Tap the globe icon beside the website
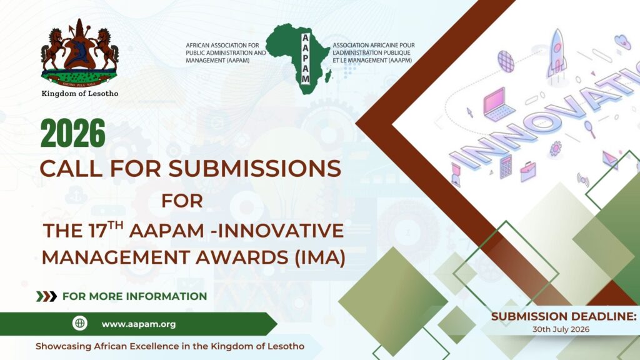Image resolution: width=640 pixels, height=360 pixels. [80, 324]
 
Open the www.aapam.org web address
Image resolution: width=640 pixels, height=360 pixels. [139, 324]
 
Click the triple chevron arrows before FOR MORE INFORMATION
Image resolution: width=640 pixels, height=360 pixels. [46, 296]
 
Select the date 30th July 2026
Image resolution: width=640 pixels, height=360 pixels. [561, 329]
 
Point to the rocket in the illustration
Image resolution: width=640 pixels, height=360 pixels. [556, 54]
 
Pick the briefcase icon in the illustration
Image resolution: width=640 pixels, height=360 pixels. [528, 171]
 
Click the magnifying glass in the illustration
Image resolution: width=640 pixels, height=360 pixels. [591, 129]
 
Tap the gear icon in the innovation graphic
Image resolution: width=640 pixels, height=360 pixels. [555, 149]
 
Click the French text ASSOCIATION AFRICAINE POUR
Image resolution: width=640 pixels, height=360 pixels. [374, 46]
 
